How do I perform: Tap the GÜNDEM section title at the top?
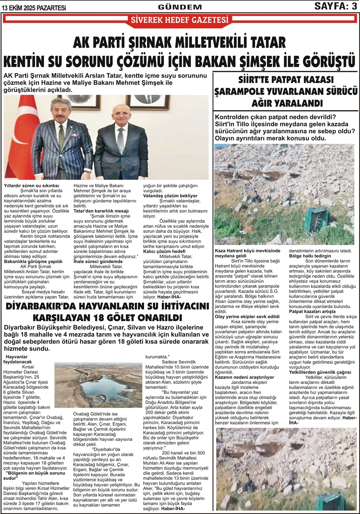click(x=180, y=7)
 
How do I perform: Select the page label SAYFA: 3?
click(x=336, y=6)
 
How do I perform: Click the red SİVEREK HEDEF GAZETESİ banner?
click(x=180, y=20)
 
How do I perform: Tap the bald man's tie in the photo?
click(x=120, y=140)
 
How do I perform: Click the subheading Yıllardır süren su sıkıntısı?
click(x=31, y=186)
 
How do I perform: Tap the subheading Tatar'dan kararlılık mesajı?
click(x=101, y=211)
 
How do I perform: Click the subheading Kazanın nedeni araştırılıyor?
click(x=244, y=377)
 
